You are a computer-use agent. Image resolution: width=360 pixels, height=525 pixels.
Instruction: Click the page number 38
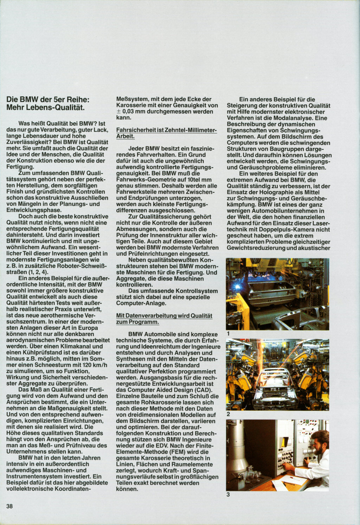(x=9, y=506)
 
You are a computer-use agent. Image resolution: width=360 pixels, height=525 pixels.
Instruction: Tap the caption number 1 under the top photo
(x=228, y=333)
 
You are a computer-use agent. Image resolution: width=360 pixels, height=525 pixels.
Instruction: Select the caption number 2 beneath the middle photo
(x=228, y=414)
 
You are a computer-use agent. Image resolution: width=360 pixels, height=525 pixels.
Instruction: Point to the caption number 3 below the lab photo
(x=228, y=494)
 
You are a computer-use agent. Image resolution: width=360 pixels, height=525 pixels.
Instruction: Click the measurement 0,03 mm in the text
(x=134, y=111)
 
